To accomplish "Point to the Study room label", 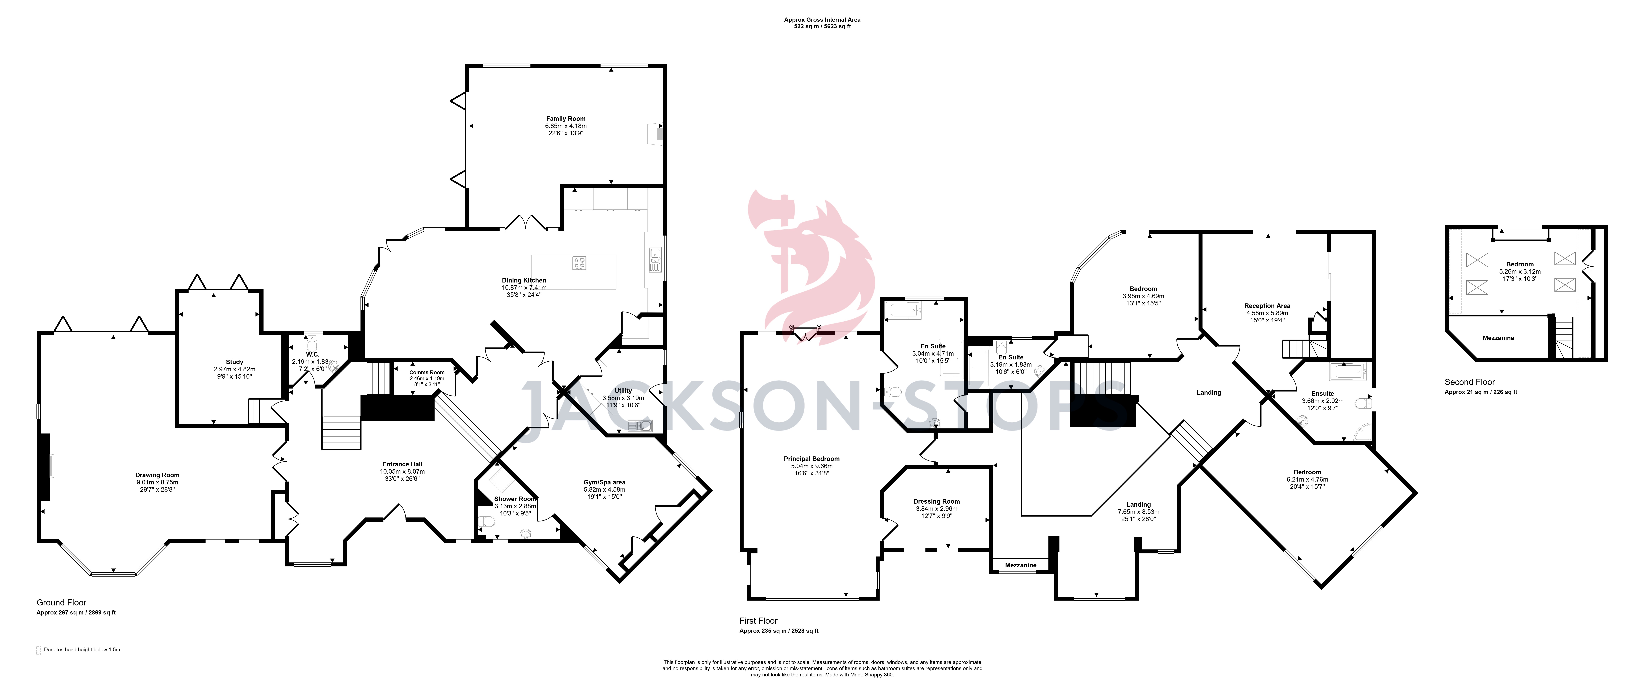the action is [x=234, y=362].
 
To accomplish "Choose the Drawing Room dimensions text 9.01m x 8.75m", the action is [x=157, y=482].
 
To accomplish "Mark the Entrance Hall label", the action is [x=402, y=464].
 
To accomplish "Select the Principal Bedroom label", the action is [x=812, y=459].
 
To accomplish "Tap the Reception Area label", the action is [x=1267, y=306].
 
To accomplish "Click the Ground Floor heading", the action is [x=61, y=602].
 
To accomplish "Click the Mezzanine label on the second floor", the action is [x=1498, y=338].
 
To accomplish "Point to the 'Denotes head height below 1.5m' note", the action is [x=82, y=650].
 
